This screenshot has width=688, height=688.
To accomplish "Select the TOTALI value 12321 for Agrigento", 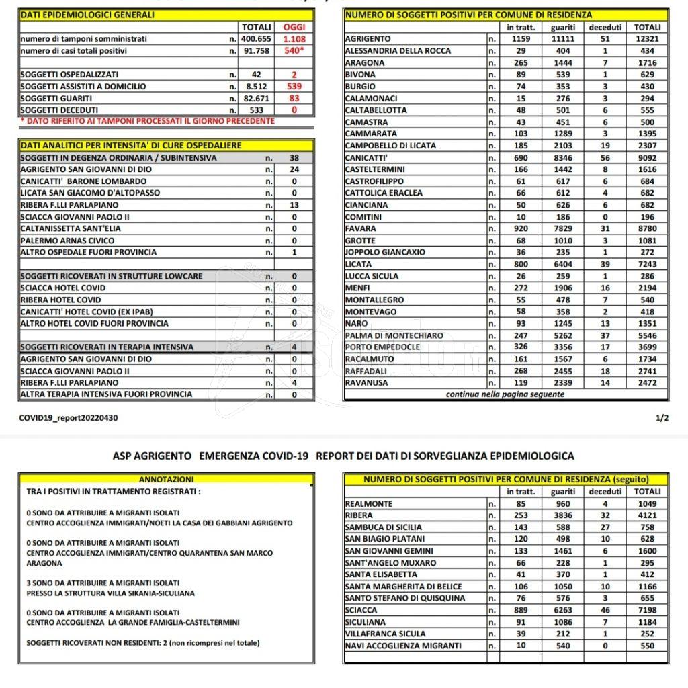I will click(x=648, y=39).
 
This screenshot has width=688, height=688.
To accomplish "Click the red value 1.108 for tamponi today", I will click(x=294, y=39).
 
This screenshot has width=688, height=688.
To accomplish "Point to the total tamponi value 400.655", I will click(x=255, y=39).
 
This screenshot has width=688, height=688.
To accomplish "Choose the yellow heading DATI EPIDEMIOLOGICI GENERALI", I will click(x=87, y=14).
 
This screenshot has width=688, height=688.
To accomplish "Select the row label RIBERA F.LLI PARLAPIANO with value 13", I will click(x=69, y=205).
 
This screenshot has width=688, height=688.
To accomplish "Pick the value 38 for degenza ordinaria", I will click(x=294, y=158).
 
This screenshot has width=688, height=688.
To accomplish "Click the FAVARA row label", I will click(x=360, y=228).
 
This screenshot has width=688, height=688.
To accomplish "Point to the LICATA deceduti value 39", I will click(x=605, y=264).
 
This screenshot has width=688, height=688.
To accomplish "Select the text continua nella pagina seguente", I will click(x=505, y=394).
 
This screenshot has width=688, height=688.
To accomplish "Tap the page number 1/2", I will click(x=662, y=418).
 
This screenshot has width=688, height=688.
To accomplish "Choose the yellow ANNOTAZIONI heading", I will click(x=166, y=480).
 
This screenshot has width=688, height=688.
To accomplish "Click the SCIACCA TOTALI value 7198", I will click(x=648, y=610).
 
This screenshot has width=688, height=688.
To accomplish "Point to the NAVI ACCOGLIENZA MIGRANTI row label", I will click(x=403, y=646).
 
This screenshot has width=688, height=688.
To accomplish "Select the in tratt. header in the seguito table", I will click(x=521, y=492).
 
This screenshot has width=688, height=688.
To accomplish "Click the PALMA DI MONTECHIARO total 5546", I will click(x=648, y=335).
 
